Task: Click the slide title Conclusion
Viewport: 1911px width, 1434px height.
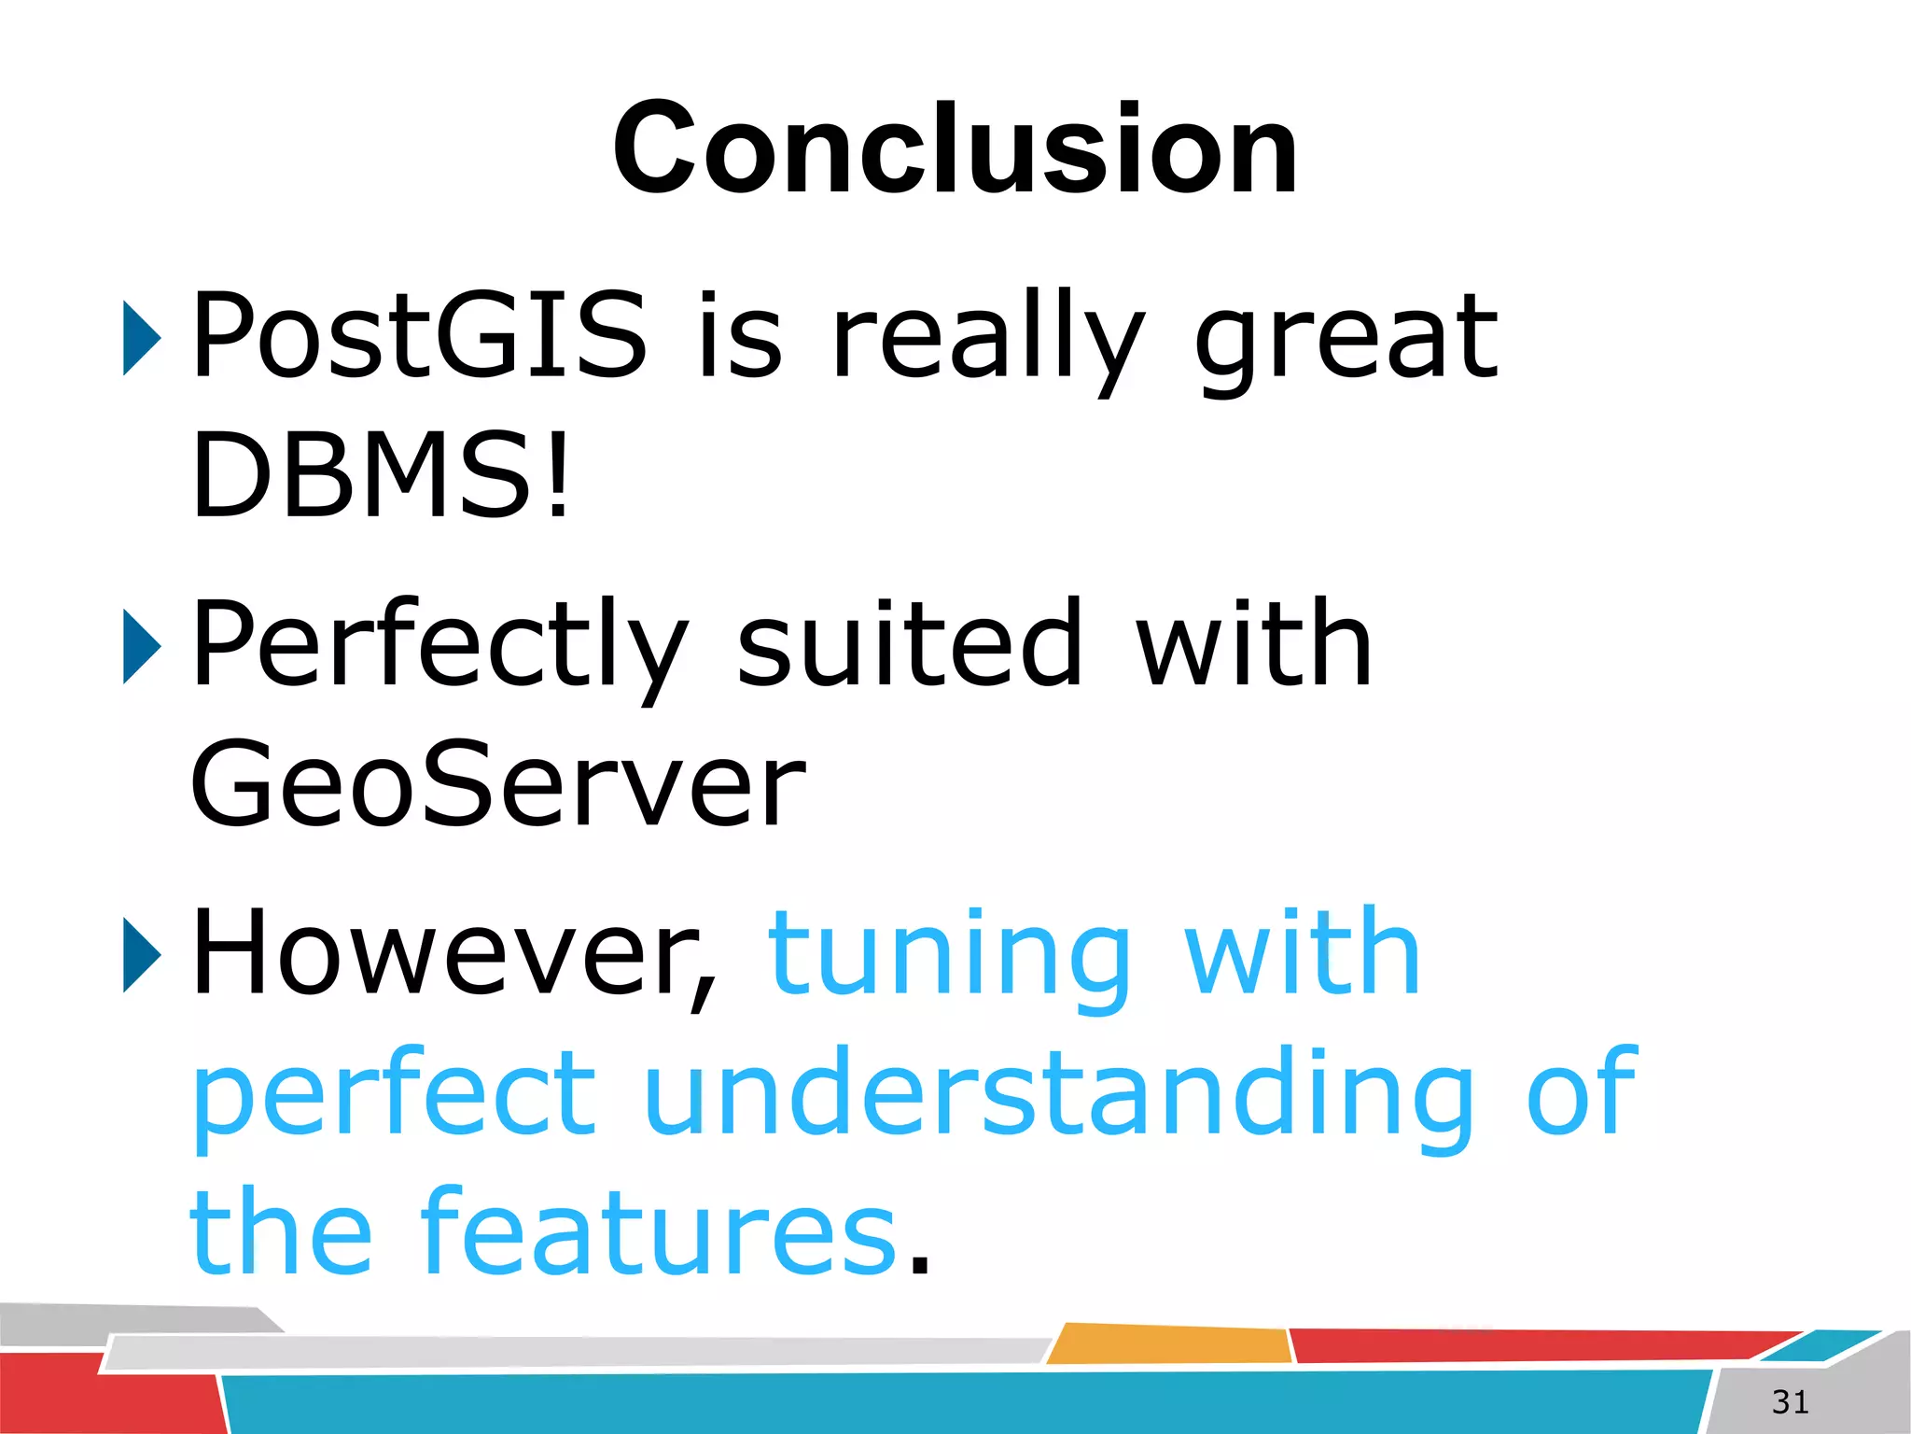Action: click(x=954, y=149)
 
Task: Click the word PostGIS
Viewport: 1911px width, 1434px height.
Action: click(x=418, y=336)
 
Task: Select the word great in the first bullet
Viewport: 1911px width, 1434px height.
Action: click(x=1346, y=338)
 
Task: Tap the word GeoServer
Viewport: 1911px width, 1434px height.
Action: click(x=496, y=784)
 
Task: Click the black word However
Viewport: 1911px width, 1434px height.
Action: click(x=453, y=954)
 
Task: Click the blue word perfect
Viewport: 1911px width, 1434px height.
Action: click(x=394, y=1094)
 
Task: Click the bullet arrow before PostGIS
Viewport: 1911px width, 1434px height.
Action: click(x=142, y=338)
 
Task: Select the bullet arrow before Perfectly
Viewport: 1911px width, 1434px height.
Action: click(x=142, y=646)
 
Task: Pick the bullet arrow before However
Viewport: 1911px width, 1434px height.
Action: click(x=142, y=954)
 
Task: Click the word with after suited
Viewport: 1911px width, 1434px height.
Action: click(x=1253, y=644)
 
